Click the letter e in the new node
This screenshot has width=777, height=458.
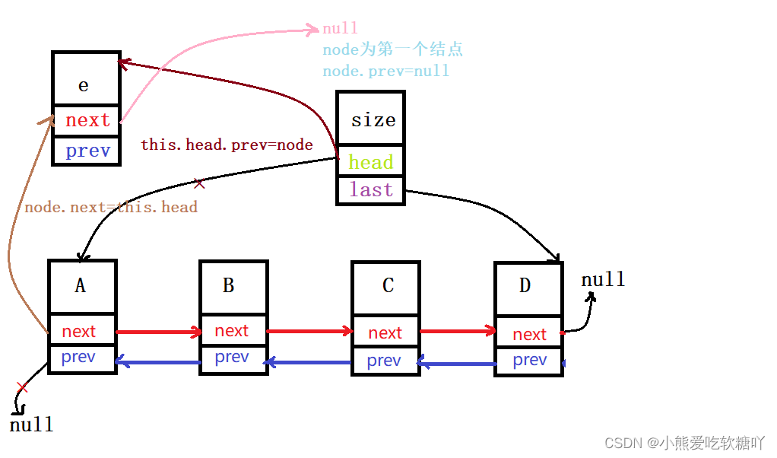pyautogui.click(x=84, y=85)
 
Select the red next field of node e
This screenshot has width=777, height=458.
pyautogui.click(x=87, y=120)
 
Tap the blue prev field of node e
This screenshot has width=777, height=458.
pyautogui.click(x=87, y=151)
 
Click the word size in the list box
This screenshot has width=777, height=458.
pyautogui.click(x=373, y=120)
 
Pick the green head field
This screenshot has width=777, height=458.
pyautogui.click(x=370, y=162)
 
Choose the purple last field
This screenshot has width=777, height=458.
pyautogui.click(x=371, y=189)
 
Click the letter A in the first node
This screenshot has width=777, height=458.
pyautogui.click(x=80, y=286)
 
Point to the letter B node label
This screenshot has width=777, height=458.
pyautogui.click(x=228, y=286)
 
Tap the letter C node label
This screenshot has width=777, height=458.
pyautogui.click(x=388, y=286)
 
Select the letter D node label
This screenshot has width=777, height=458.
pyautogui.click(x=525, y=286)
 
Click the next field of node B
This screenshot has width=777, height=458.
pyautogui.click(x=231, y=331)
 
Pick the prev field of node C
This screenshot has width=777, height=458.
pyautogui.click(x=383, y=361)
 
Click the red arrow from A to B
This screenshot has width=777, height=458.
pyautogui.click(x=158, y=332)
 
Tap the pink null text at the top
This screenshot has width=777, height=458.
pyautogui.click(x=340, y=29)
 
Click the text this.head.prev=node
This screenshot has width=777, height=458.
pyautogui.click(x=227, y=145)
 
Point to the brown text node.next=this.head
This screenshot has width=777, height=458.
pyautogui.click(x=111, y=207)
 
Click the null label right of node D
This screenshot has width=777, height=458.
pyautogui.click(x=603, y=280)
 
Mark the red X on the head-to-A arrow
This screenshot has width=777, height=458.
pyautogui.click(x=199, y=183)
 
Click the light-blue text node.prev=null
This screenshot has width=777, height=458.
pyautogui.click(x=385, y=71)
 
